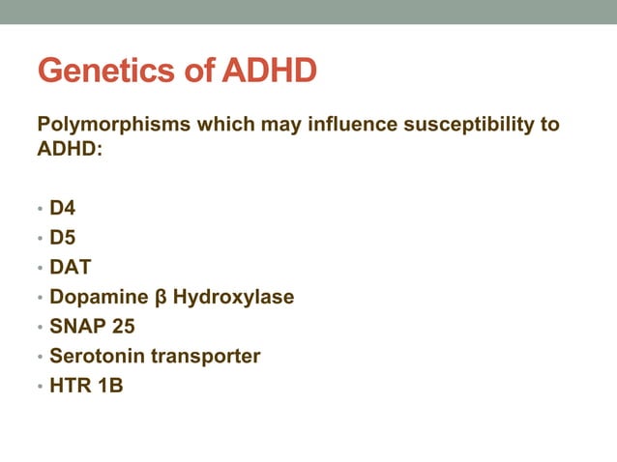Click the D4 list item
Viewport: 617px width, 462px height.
[x=63, y=207]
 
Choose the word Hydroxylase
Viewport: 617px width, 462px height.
[x=232, y=297]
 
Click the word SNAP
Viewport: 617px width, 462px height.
[x=77, y=326]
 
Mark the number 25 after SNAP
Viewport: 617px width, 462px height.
[x=123, y=326]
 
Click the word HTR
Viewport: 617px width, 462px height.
[x=70, y=386]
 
